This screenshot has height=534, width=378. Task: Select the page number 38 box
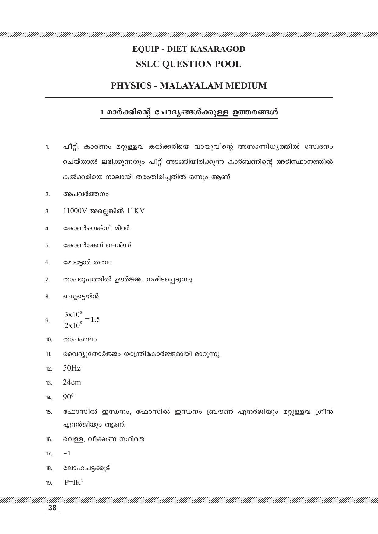[x=52, y=508]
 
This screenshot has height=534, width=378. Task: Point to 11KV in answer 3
[x=136, y=211]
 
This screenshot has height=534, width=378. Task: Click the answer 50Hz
[x=72, y=368]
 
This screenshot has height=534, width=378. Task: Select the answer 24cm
[x=72, y=382]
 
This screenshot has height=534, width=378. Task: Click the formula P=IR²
[x=73, y=482]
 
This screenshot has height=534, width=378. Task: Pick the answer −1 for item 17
[x=67, y=454]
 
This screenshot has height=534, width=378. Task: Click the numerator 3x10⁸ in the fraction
[x=73, y=314]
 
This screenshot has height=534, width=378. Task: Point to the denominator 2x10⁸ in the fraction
[x=73, y=325]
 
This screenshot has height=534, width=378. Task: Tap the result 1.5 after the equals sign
[x=95, y=319]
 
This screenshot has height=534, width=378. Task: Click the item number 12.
[x=48, y=369]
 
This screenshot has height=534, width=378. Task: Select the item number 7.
[x=48, y=279]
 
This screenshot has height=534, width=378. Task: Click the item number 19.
[x=48, y=483]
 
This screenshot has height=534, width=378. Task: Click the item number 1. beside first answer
[x=47, y=147]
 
